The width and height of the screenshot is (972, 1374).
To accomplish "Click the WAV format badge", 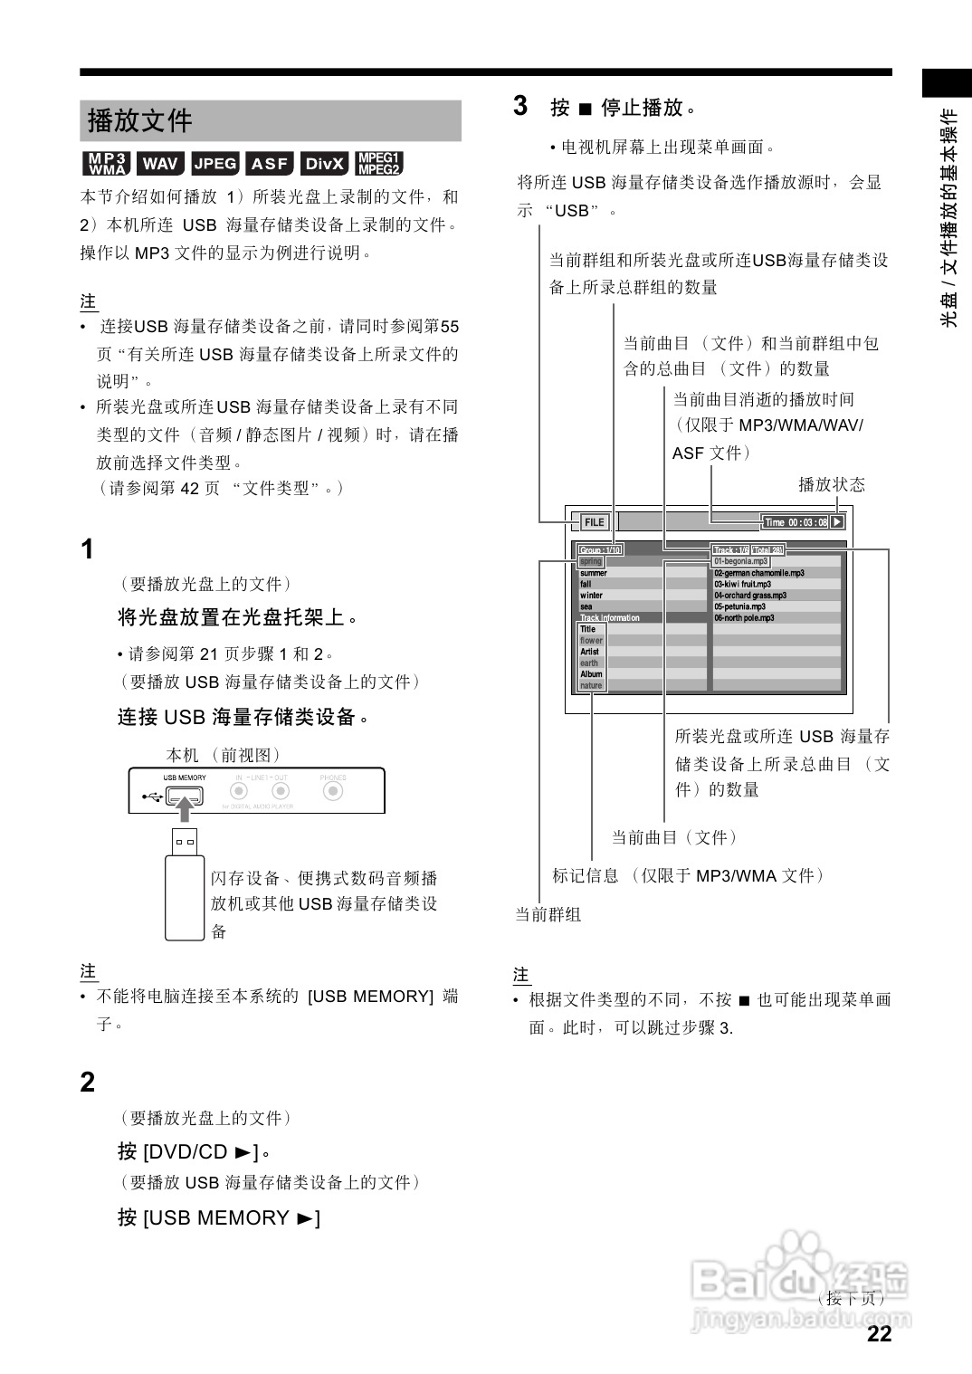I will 160,164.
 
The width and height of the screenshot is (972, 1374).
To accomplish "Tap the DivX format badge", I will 324,164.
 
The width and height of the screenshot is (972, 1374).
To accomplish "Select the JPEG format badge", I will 215,164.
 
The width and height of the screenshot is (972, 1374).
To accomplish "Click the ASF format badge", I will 270,164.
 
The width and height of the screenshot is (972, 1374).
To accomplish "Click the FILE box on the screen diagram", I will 594,522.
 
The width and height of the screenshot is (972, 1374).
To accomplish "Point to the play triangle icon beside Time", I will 837,522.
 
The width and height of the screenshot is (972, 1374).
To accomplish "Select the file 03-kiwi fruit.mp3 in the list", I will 743,585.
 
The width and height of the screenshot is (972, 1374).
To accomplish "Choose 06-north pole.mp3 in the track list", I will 744,618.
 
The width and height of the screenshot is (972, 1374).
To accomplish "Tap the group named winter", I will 591,596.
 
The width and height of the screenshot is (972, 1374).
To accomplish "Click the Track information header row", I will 610,618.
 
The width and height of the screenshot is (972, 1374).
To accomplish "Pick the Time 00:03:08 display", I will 796,522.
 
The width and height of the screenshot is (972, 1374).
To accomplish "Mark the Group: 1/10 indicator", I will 600,550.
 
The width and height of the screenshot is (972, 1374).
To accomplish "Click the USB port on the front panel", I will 185,797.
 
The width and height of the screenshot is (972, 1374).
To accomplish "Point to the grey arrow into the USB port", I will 186,809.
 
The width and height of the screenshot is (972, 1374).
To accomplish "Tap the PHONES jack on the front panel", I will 333,792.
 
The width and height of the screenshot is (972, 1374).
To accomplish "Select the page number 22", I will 879,1333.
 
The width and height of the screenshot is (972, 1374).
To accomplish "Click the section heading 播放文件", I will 140,120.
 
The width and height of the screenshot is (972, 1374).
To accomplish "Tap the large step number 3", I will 520,106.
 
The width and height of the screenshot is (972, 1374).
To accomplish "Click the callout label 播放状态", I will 831,484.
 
